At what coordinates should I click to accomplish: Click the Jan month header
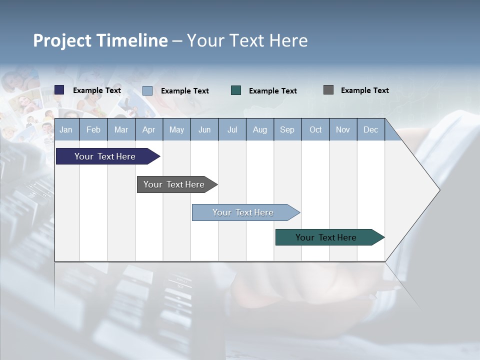tap(66, 129)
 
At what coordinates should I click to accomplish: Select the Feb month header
tap(93, 129)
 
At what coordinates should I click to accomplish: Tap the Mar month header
tap(121, 129)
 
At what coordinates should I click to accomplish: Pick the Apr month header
tap(149, 129)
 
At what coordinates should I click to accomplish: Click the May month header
tap(176, 129)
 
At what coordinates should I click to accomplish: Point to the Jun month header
tap(204, 129)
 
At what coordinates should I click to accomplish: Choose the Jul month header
tap(232, 129)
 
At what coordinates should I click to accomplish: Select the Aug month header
tap(260, 129)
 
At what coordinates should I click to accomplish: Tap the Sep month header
tap(287, 129)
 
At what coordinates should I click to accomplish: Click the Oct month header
tap(315, 129)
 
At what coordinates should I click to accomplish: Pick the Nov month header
tap(343, 129)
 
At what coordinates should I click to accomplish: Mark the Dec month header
tap(371, 129)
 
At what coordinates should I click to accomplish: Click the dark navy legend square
tap(59, 90)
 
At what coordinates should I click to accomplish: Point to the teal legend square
tap(236, 90)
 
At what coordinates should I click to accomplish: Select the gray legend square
tap(328, 90)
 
